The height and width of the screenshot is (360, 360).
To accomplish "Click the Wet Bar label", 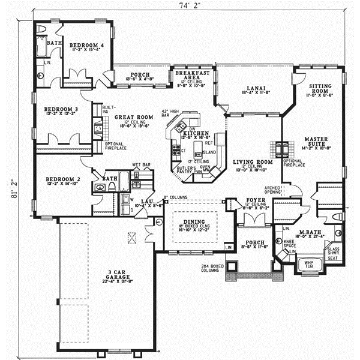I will (x=140, y=164).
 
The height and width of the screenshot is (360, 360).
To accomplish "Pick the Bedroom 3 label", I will (x=59, y=109).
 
